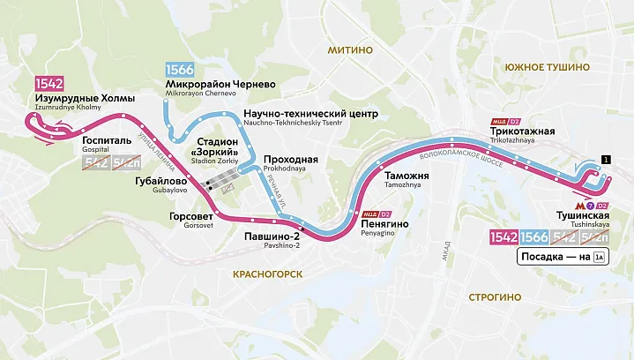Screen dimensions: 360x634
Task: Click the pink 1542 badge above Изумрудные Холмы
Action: (x=48, y=84)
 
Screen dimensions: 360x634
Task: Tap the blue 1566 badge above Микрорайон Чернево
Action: (x=181, y=69)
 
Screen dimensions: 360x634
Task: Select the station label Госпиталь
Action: (x=107, y=140)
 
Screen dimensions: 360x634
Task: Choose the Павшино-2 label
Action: (x=272, y=236)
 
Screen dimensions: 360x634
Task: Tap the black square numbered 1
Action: (x=605, y=159)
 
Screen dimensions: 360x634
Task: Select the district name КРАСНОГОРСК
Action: (x=267, y=274)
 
